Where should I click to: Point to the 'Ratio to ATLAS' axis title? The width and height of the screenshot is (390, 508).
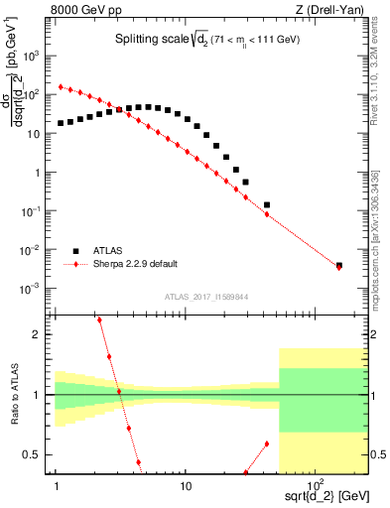tap(13, 395)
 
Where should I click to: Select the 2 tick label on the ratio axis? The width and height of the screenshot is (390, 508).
tap(37, 335)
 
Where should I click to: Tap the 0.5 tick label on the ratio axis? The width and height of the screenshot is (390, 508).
tap(32, 454)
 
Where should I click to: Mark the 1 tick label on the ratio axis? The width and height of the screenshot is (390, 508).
tap(37, 395)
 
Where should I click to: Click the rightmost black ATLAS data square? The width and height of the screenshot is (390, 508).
tap(339, 266)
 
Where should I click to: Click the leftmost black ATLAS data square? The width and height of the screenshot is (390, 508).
tap(61, 124)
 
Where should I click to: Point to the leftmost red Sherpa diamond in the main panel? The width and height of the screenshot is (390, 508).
tap(61, 86)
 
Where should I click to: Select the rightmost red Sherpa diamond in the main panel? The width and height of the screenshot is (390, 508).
tap(339, 268)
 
